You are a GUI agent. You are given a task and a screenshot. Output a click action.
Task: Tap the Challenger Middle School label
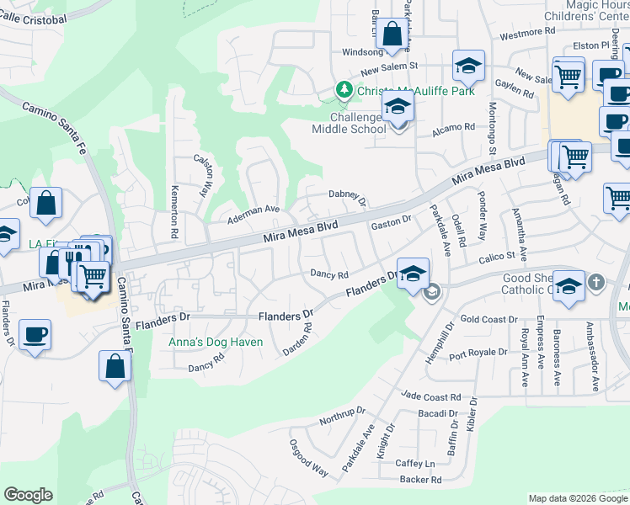(x=349, y=123)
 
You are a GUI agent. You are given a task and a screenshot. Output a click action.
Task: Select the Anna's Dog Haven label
(x=216, y=343)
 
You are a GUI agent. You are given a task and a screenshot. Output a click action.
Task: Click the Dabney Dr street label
(x=347, y=196)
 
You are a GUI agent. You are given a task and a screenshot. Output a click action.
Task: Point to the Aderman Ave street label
(x=254, y=215)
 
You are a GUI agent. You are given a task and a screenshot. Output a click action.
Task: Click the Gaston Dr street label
(x=390, y=224)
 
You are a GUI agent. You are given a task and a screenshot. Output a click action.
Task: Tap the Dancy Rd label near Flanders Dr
(x=329, y=274)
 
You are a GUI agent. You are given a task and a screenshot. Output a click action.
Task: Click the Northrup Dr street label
(x=342, y=415)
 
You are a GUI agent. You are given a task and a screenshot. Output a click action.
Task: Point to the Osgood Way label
(x=308, y=458)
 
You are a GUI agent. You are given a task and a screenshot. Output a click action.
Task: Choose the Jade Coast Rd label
(x=431, y=396)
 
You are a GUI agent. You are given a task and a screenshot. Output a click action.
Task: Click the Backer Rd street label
(x=420, y=481)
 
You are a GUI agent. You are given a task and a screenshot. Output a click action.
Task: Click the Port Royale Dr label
(x=478, y=353)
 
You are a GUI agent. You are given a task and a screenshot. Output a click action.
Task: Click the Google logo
(x=28, y=495)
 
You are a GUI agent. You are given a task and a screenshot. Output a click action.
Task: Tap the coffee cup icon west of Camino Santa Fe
(x=35, y=334)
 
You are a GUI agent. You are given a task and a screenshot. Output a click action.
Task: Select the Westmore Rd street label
(x=528, y=34)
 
